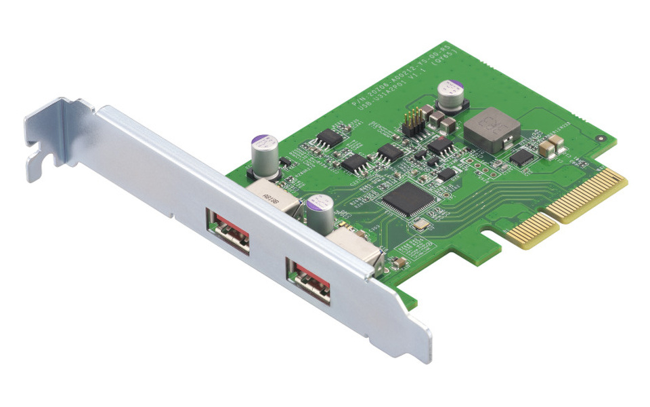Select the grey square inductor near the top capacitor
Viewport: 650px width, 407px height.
point(492,131)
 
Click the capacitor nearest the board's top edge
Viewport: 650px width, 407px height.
point(451,96)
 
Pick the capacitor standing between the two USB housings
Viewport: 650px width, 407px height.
point(320,214)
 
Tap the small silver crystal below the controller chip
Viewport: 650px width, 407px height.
point(420,224)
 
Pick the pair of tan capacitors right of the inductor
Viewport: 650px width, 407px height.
point(552,143)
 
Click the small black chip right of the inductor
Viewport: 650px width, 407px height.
point(521,157)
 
